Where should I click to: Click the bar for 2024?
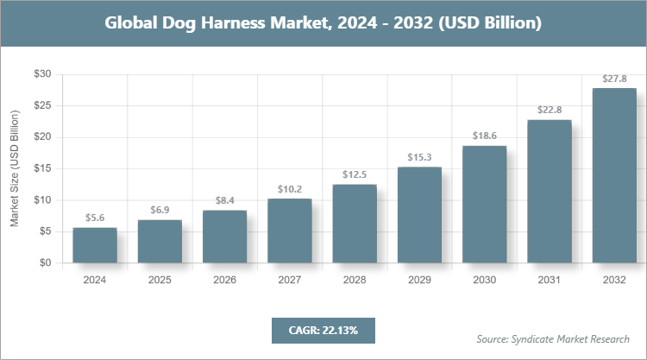(x=95, y=245)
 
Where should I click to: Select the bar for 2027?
(x=290, y=231)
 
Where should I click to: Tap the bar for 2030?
(x=485, y=205)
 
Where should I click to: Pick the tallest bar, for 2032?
(x=614, y=175)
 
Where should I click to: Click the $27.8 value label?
(x=614, y=79)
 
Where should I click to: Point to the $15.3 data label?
(x=419, y=158)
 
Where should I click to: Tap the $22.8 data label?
(x=550, y=111)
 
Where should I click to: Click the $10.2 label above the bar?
(x=290, y=190)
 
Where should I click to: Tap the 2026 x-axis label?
(x=224, y=281)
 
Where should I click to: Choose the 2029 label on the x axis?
(x=419, y=281)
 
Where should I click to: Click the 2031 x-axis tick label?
(x=550, y=281)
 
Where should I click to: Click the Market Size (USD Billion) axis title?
(x=15, y=169)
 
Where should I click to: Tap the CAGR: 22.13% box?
(x=323, y=330)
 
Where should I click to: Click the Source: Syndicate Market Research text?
(x=553, y=338)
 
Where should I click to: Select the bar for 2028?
(x=355, y=224)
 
